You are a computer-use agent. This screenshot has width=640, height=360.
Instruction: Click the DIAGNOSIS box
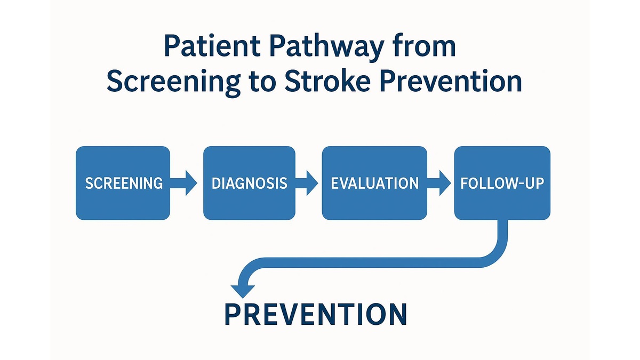pyautogui.click(x=249, y=183)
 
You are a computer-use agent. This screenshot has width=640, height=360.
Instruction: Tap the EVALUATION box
pyautogui.click(x=374, y=183)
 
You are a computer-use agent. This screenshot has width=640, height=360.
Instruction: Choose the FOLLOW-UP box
pyautogui.click(x=502, y=183)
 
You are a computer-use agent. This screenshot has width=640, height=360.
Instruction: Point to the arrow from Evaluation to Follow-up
pyautogui.click(x=439, y=183)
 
